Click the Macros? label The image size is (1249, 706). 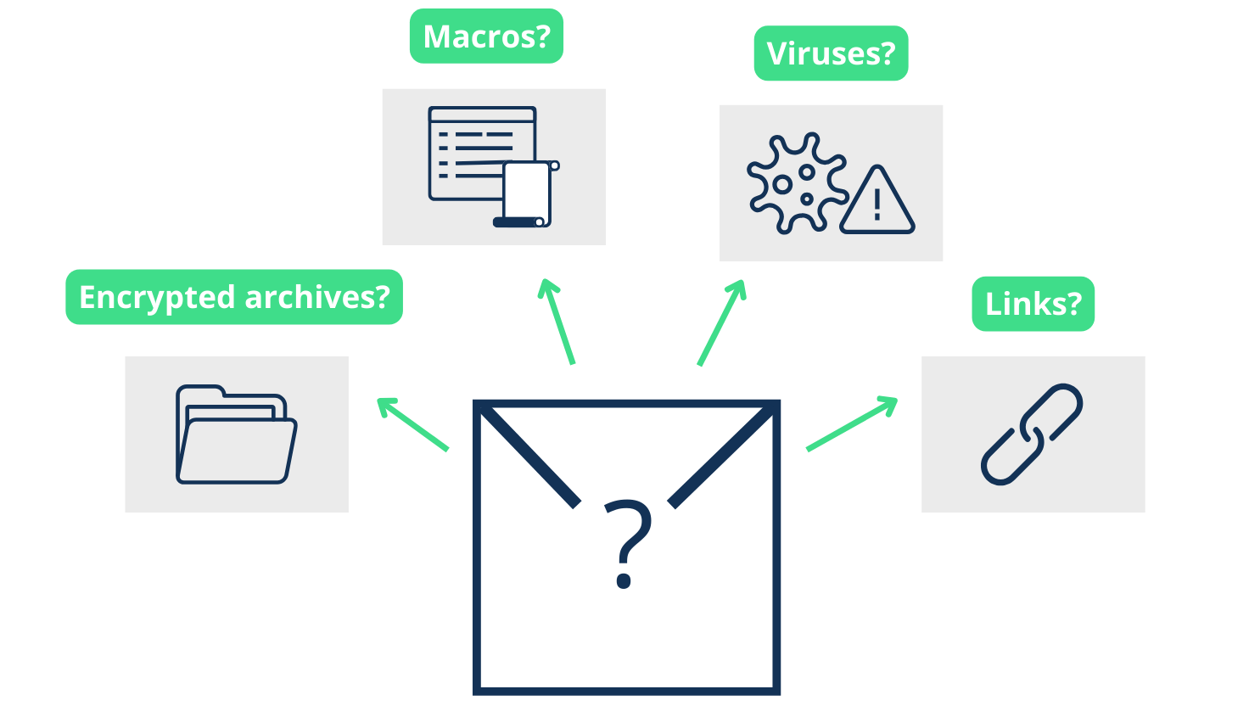pos(486,36)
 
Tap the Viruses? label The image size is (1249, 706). pos(831,53)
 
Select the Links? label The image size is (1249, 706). pos(1033,304)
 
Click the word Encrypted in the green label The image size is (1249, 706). pos(156,297)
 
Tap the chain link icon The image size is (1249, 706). pos(1032,434)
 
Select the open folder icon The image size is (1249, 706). pos(236,434)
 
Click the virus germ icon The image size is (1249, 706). pos(795,182)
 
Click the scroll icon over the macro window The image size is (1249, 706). pos(526,194)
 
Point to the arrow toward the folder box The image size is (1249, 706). pos(412,423)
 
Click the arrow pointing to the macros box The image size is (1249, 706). pos(557,322)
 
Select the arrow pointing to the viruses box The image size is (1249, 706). pos(721,322)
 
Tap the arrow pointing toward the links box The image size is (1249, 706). pos(851,423)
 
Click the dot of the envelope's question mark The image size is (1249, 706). pos(624,581)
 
